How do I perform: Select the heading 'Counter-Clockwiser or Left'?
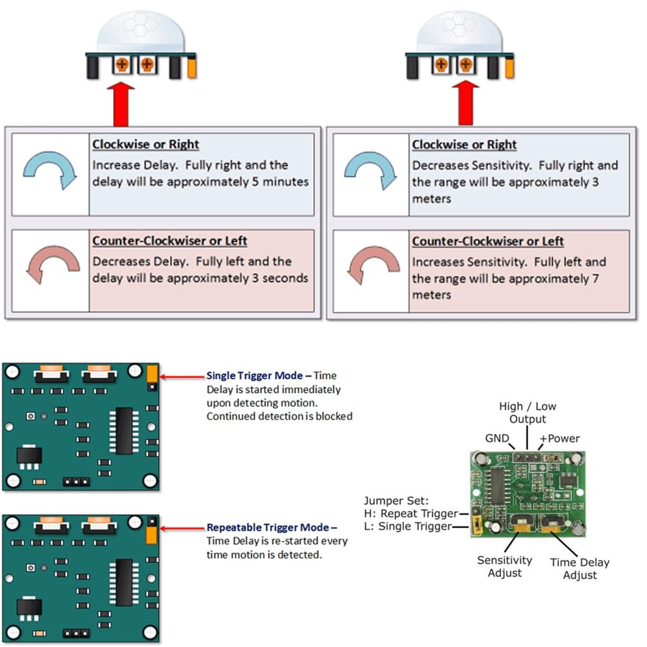tap(169, 241)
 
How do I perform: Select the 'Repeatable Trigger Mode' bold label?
tap(271, 527)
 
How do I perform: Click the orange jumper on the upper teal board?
tap(152, 374)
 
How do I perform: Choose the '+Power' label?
tap(560, 438)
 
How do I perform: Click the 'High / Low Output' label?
tap(527, 413)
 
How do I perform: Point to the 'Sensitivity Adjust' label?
tap(505, 566)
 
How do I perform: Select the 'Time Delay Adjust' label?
tap(580, 569)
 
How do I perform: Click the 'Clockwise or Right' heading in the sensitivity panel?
tap(465, 145)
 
